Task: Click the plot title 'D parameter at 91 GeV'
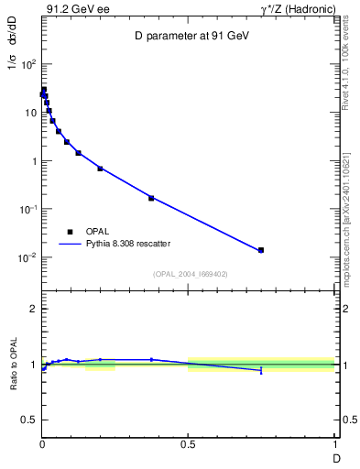188,36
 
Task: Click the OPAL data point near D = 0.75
261,250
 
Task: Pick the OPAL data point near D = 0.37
151,198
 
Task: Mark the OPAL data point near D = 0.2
100,169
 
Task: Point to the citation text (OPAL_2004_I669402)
190,273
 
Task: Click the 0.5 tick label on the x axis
188,444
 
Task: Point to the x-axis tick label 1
334,444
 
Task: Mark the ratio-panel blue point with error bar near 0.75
261,370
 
